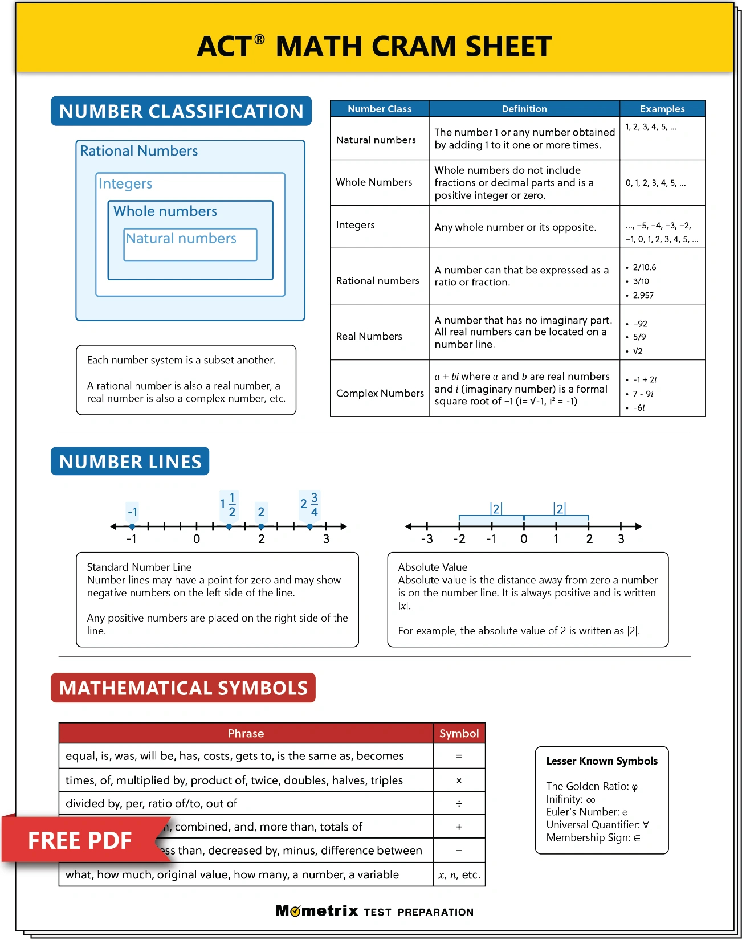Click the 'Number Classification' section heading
pyautogui.click(x=181, y=111)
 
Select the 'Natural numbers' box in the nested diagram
pyautogui.click(x=190, y=244)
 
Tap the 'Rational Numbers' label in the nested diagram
pyautogui.click(x=139, y=151)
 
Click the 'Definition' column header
pyautogui.click(x=524, y=109)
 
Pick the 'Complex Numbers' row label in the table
pyautogui.click(x=380, y=393)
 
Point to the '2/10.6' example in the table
pyautogui.click(x=645, y=267)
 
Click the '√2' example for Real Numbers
pyautogui.click(x=638, y=351)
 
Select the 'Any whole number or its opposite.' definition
pyautogui.click(x=515, y=227)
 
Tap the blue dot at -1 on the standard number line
pyautogui.click(x=132, y=526)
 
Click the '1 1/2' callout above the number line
pyautogui.click(x=229, y=504)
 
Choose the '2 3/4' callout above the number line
pyautogui.click(x=309, y=504)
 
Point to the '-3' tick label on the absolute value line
pyautogui.click(x=427, y=539)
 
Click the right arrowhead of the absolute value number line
pyautogui.click(x=638, y=526)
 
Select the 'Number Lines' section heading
pyautogui.click(x=130, y=461)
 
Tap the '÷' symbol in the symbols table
pyautogui.click(x=459, y=804)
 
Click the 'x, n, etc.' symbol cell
pyautogui.click(x=459, y=875)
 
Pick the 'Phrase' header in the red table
pyautogui.click(x=246, y=734)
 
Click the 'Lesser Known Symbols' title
pyautogui.click(x=602, y=761)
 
